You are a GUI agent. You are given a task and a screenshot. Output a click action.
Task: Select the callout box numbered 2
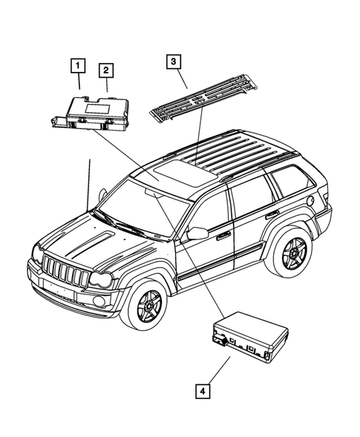(107, 70)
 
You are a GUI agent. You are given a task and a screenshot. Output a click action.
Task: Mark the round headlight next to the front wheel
(103, 280)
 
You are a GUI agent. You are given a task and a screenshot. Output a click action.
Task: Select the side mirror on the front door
(196, 234)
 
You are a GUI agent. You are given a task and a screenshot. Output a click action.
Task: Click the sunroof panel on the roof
(172, 175)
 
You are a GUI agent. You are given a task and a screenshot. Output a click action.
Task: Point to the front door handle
(223, 236)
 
